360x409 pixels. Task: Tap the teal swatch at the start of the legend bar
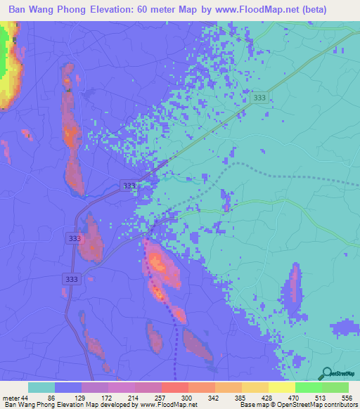tap(41, 387)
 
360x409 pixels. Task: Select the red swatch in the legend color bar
tap(175, 387)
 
